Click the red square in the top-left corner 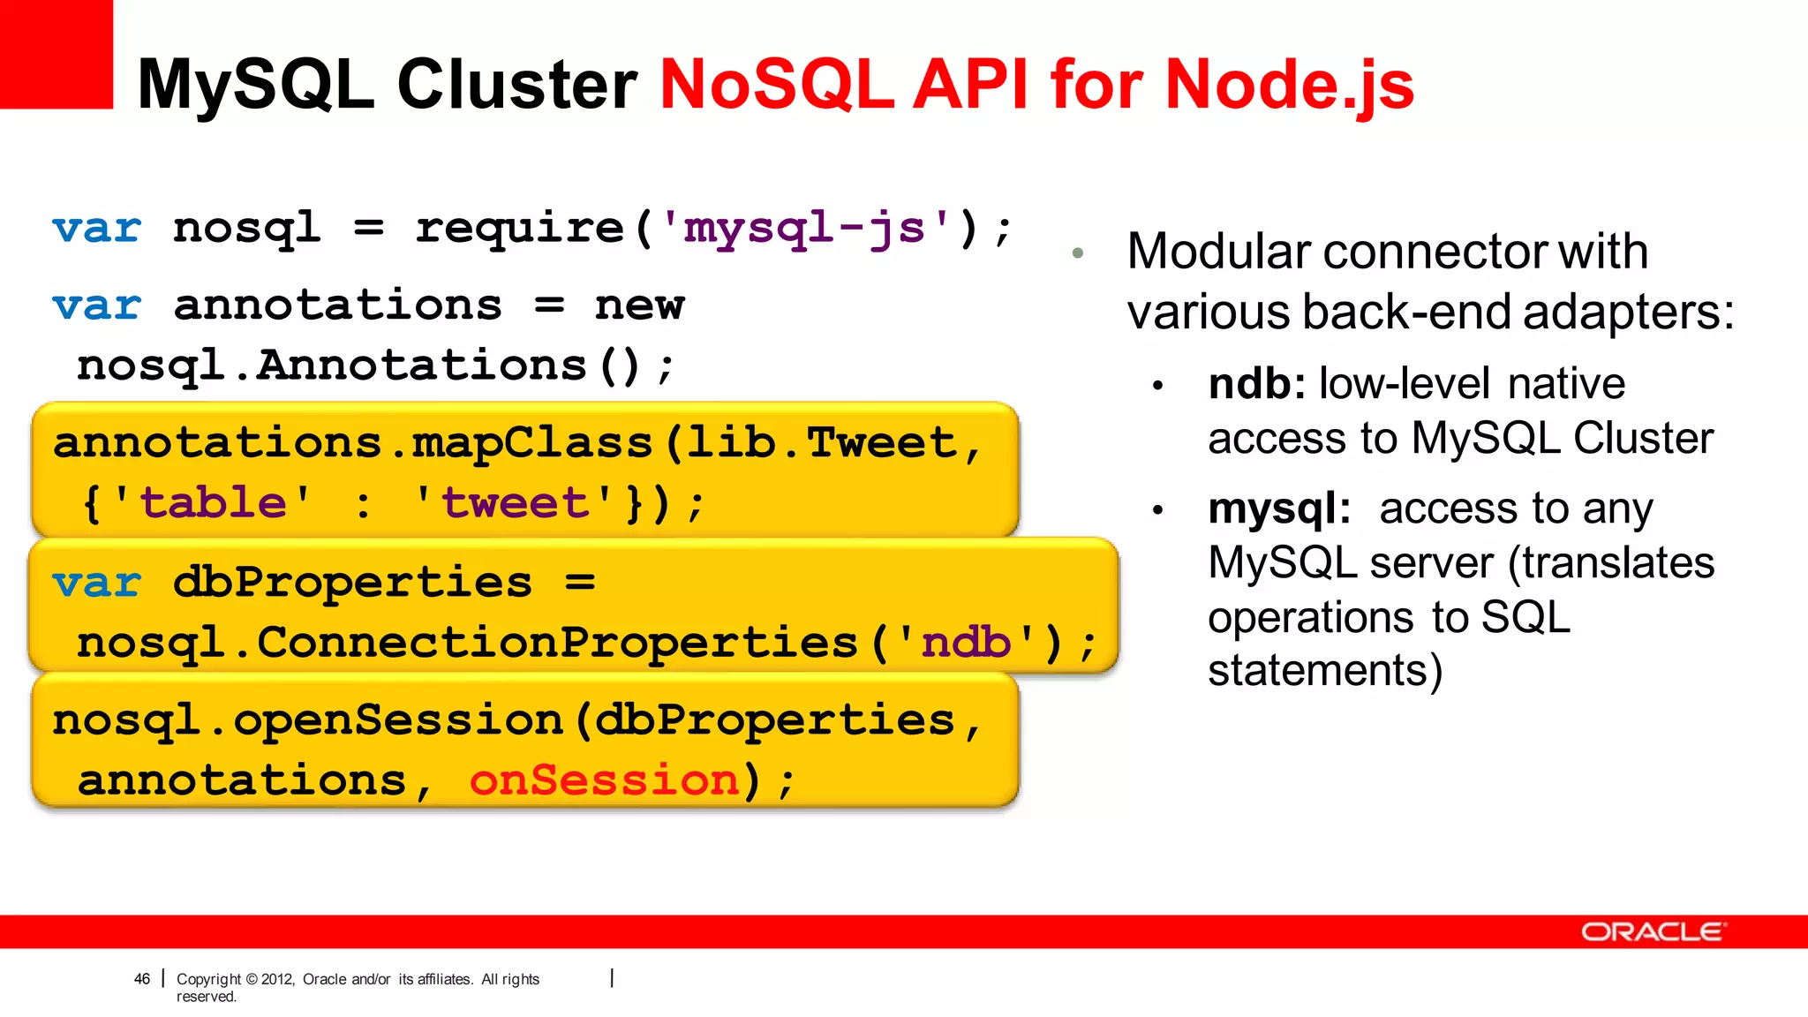click(x=56, y=53)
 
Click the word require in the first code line click(x=520, y=229)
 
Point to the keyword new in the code click(x=639, y=306)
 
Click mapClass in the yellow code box click(x=531, y=443)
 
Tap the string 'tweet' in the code click(x=514, y=503)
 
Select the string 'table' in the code click(x=213, y=503)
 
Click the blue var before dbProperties click(x=96, y=583)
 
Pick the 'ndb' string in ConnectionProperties click(x=966, y=643)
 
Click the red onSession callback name click(x=604, y=780)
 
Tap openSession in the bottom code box click(x=397, y=720)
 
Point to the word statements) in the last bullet click(x=1325, y=670)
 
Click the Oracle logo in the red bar click(x=1651, y=932)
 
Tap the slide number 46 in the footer click(x=142, y=979)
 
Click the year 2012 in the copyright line click(x=277, y=979)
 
